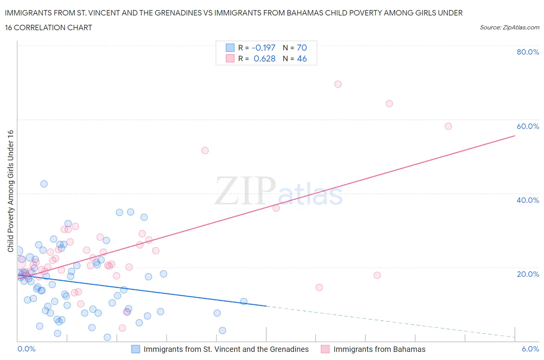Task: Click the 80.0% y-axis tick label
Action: pos(528,52)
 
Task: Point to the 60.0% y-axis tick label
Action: pos(528,126)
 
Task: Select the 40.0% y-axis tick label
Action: pos(528,200)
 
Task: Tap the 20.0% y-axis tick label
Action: pos(528,274)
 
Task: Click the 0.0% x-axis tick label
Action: pos(26,349)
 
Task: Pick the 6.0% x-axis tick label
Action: pos(530,349)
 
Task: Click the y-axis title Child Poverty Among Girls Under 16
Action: pos(10,191)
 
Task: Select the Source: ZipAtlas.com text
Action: pos(509,27)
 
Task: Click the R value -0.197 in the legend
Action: pos(263,48)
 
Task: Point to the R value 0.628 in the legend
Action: pos(264,58)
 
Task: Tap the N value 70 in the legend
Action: pos(302,48)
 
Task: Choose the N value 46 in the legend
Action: pos(302,58)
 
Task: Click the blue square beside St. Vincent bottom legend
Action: pos(135,349)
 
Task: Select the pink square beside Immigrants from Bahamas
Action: pos(325,349)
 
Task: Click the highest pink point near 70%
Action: pos(338,84)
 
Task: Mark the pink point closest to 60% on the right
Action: pos(448,126)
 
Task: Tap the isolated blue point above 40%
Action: pos(44,184)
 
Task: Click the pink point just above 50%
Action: pos(205,151)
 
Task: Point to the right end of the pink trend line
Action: pos(515,136)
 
